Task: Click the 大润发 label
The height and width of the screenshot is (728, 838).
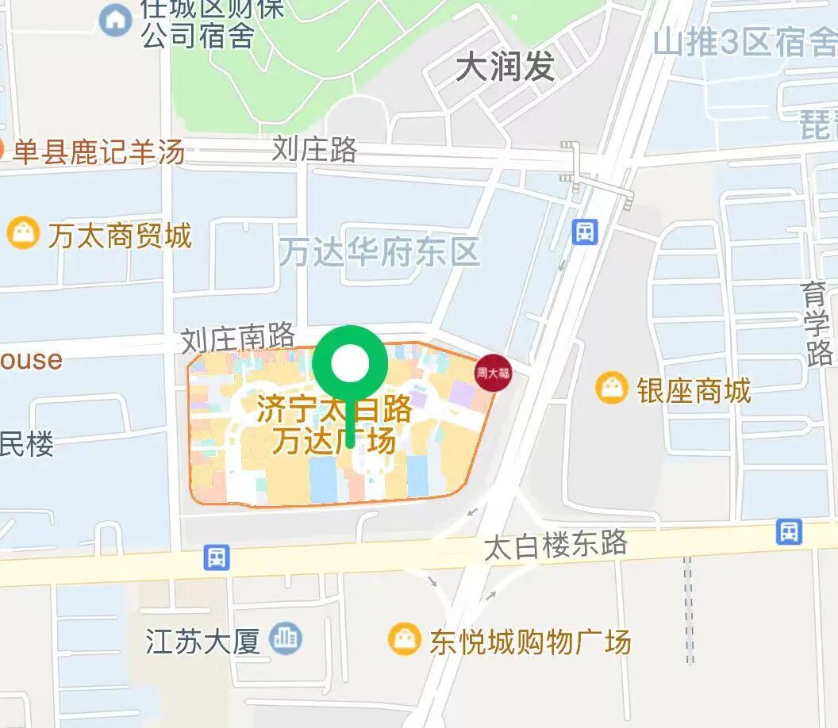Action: click(x=505, y=68)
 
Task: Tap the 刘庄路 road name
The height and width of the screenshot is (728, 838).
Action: click(x=314, y=149)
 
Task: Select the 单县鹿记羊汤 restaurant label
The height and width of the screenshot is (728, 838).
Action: click(x=98, y=151)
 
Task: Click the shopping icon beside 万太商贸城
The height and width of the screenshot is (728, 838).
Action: click(x=23, y=233)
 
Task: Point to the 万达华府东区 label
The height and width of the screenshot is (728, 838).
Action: click(x=379, y=253)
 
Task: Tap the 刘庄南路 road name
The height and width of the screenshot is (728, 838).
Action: click(x=237, y=339)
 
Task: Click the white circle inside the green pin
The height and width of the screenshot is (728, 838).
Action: click(x=350, y=364)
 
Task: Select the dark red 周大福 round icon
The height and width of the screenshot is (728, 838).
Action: click(x=492, y=373)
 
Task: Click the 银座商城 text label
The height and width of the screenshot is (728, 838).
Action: click(x=693, y=390)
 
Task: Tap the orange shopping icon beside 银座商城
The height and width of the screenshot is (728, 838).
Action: click(x=612, y=389)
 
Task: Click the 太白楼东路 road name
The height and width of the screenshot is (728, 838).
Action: click(x=555, y=546)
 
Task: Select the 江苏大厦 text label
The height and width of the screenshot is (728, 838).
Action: click(x=203, y=641)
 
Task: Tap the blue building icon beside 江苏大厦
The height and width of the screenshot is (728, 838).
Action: click(x=285, y=638)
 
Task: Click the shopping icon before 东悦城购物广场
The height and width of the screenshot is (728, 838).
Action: click(x=405, y=639)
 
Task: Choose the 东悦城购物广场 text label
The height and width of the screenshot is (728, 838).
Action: click(x=530, y=642)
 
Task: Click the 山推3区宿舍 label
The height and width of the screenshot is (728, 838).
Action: click(x=744, y=44)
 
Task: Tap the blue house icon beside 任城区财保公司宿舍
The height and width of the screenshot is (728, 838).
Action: click(x=116, y=19)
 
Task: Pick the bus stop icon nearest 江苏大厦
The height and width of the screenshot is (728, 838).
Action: click(x=216, y=557)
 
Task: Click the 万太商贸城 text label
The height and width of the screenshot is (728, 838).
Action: click(x=120, y=236)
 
